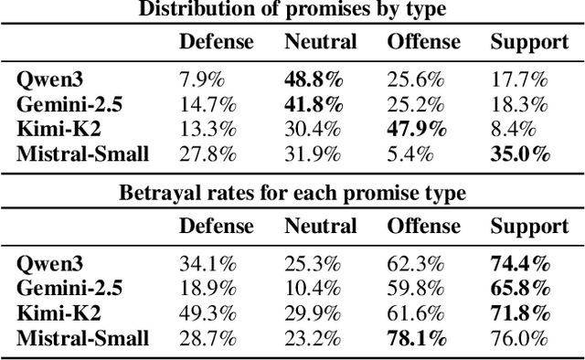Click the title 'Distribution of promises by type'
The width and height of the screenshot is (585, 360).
click(x=292, y=10)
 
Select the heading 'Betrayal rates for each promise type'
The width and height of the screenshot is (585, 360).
click(x=292, y=193)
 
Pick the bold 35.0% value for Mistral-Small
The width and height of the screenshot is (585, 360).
click(x=520, y=154)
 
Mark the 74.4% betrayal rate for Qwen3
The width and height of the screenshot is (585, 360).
click(x=520, y=265)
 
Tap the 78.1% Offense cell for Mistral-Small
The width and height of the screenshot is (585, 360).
click(x=416, y=339)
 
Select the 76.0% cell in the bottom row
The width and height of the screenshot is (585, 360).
click(x=520, y=339)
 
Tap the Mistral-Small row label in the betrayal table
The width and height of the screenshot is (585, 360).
click(x=82, y=339)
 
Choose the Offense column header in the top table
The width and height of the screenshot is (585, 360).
click(x=422, y=41)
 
